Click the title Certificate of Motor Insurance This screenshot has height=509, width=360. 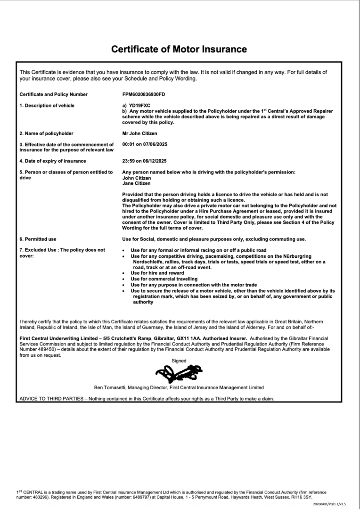(179, 49)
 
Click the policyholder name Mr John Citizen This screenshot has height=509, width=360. (139, 133)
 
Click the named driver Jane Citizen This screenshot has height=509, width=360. (137, 183)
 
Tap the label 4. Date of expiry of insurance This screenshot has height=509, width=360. (52, 161)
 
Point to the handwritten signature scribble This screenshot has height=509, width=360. (179, 375)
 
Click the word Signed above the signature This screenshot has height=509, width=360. (179, 361)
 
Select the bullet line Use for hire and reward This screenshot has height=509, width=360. (157, 273)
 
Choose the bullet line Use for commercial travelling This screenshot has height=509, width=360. (164, 279)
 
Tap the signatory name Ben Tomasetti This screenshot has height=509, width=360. (110, 387)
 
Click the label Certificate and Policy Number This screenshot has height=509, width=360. (53, 94)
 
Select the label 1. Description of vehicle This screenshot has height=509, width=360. (47, 106)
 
